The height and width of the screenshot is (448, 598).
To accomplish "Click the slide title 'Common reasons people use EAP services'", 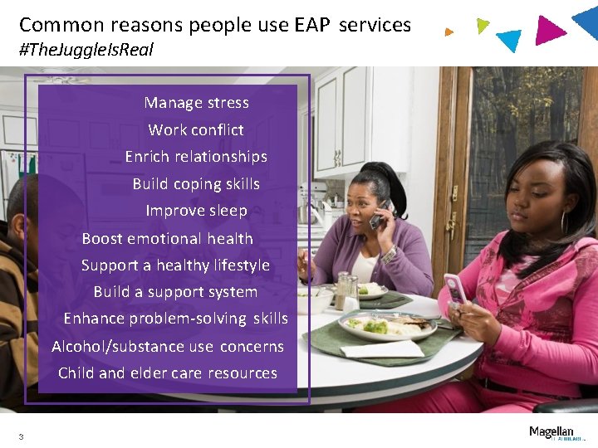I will click(215, 25).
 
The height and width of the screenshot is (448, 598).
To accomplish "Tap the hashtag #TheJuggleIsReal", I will click(86, 50).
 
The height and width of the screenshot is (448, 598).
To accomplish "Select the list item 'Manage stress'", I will click(196, 103).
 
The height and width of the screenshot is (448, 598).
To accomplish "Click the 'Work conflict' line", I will click(196, 129).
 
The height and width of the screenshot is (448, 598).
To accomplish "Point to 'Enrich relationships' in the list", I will click(196, 157).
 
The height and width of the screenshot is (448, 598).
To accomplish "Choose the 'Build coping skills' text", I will click(196, 184).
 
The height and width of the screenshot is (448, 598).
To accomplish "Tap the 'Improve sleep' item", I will click(196, 211).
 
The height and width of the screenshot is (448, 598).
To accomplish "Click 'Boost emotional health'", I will click(167, 239).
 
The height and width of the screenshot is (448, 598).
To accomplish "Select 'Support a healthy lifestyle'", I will click(175, 265).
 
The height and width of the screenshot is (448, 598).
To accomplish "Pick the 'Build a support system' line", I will click(175, 292).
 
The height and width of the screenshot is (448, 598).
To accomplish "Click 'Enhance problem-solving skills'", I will click(175, 319).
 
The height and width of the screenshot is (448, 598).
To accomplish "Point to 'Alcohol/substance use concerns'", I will click(168, 347).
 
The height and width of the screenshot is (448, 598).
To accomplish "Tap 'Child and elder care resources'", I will click(168, 373).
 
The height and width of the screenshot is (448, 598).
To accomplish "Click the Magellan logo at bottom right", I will click(551, 432).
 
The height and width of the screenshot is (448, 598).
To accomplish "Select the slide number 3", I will click(21, 436).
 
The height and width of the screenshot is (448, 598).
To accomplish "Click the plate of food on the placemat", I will click(386, 325).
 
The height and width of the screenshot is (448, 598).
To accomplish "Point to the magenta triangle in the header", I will click(549, 29).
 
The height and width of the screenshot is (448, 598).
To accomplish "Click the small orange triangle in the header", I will click(448, 32).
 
